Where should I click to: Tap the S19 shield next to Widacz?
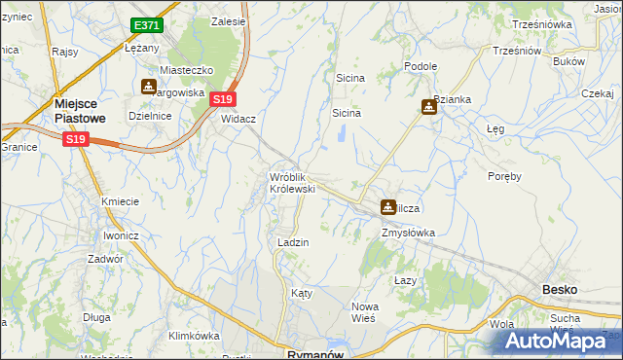[223, 99]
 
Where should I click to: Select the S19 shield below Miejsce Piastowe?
[77, 140]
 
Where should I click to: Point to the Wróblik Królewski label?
[292, 182]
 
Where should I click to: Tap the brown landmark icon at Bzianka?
[429, 107]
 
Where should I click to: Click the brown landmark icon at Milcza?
[388, 207]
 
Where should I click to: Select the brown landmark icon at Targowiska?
[149, 87]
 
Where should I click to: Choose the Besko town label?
[560, 290]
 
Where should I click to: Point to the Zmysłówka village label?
[408, 233]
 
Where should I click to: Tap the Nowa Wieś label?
[365, 312]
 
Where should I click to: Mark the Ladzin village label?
[293, 242]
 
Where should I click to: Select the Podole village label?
[421, 66]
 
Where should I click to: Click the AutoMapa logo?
[558, 341]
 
